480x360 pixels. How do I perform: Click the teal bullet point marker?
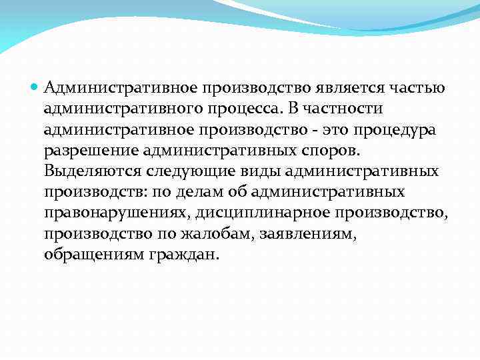point(37,87)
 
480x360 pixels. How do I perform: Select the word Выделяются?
point(89,171)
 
